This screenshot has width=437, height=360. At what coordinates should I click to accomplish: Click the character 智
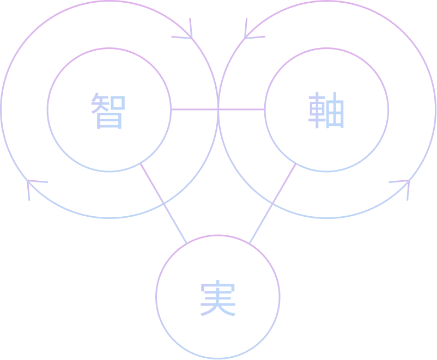(x=108, y=111)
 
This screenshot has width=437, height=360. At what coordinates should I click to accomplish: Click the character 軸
(x=326, y=110)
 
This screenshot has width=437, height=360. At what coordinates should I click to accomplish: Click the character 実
(x=218, y=298)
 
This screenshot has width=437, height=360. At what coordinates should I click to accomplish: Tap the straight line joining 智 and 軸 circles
(x=218, y=109)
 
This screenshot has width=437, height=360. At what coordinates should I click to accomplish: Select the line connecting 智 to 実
(x=163, y=203)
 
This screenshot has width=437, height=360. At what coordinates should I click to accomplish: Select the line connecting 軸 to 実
(x=272, y=203)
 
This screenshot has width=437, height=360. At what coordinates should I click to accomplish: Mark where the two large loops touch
(x=218, y=109)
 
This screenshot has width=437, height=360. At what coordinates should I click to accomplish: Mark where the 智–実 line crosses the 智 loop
(x=163, y=203)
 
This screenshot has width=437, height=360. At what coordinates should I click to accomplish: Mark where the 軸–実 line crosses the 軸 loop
(x=272, y=203)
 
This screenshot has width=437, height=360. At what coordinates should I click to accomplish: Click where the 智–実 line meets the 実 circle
(x=187, y=243)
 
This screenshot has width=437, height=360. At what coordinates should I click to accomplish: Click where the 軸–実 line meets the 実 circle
(x=249, y=243)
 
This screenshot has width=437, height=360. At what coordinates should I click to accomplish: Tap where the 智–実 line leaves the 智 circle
(x=140, y=163)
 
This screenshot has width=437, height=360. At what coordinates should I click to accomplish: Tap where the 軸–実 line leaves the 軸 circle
(x=296, y=163)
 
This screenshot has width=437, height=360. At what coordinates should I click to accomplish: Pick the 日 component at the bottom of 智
(x=109, y=121)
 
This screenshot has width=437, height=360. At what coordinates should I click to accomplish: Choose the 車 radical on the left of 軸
(x=317, y=110)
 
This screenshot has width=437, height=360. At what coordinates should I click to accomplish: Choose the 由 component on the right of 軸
(x=335, y=110)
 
